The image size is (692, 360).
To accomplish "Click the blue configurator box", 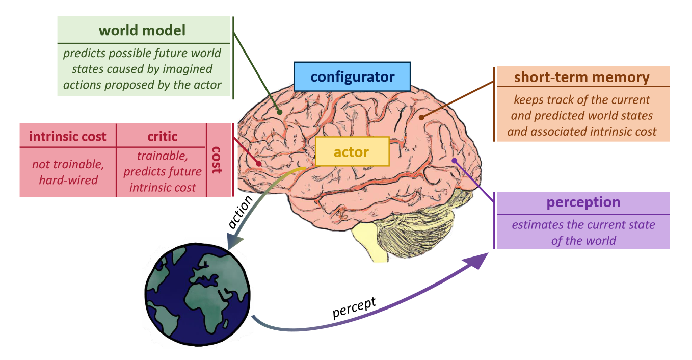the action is coord(352,77).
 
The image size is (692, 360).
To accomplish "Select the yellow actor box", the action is coord(352,151).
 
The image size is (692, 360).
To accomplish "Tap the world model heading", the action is coord(142,30).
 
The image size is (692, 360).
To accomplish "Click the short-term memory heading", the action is coord(581,78).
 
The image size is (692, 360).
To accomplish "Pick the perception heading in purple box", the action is coord(583,202).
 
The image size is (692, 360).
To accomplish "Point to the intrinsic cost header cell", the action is coord(68,136).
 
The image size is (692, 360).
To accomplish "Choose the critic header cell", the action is coord(162,136).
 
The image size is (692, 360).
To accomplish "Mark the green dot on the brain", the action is coord(279,111).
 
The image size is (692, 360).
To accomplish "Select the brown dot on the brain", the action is coord(421,117).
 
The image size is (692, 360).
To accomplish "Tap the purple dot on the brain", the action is coord(454,161).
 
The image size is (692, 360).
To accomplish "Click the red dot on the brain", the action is coord(259,164).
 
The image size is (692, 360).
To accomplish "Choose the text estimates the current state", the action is coord(583,225).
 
